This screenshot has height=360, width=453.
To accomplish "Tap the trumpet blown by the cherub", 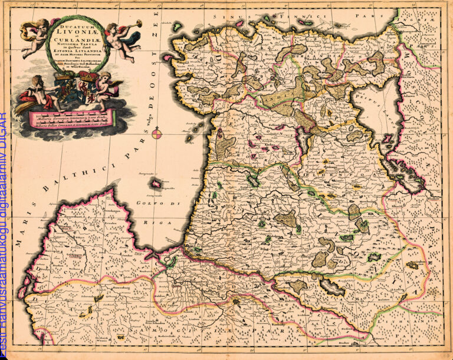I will [130, 24].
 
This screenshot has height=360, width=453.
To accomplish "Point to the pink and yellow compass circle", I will [157, 134].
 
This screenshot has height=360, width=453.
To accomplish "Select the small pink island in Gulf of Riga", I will [156, 184].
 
